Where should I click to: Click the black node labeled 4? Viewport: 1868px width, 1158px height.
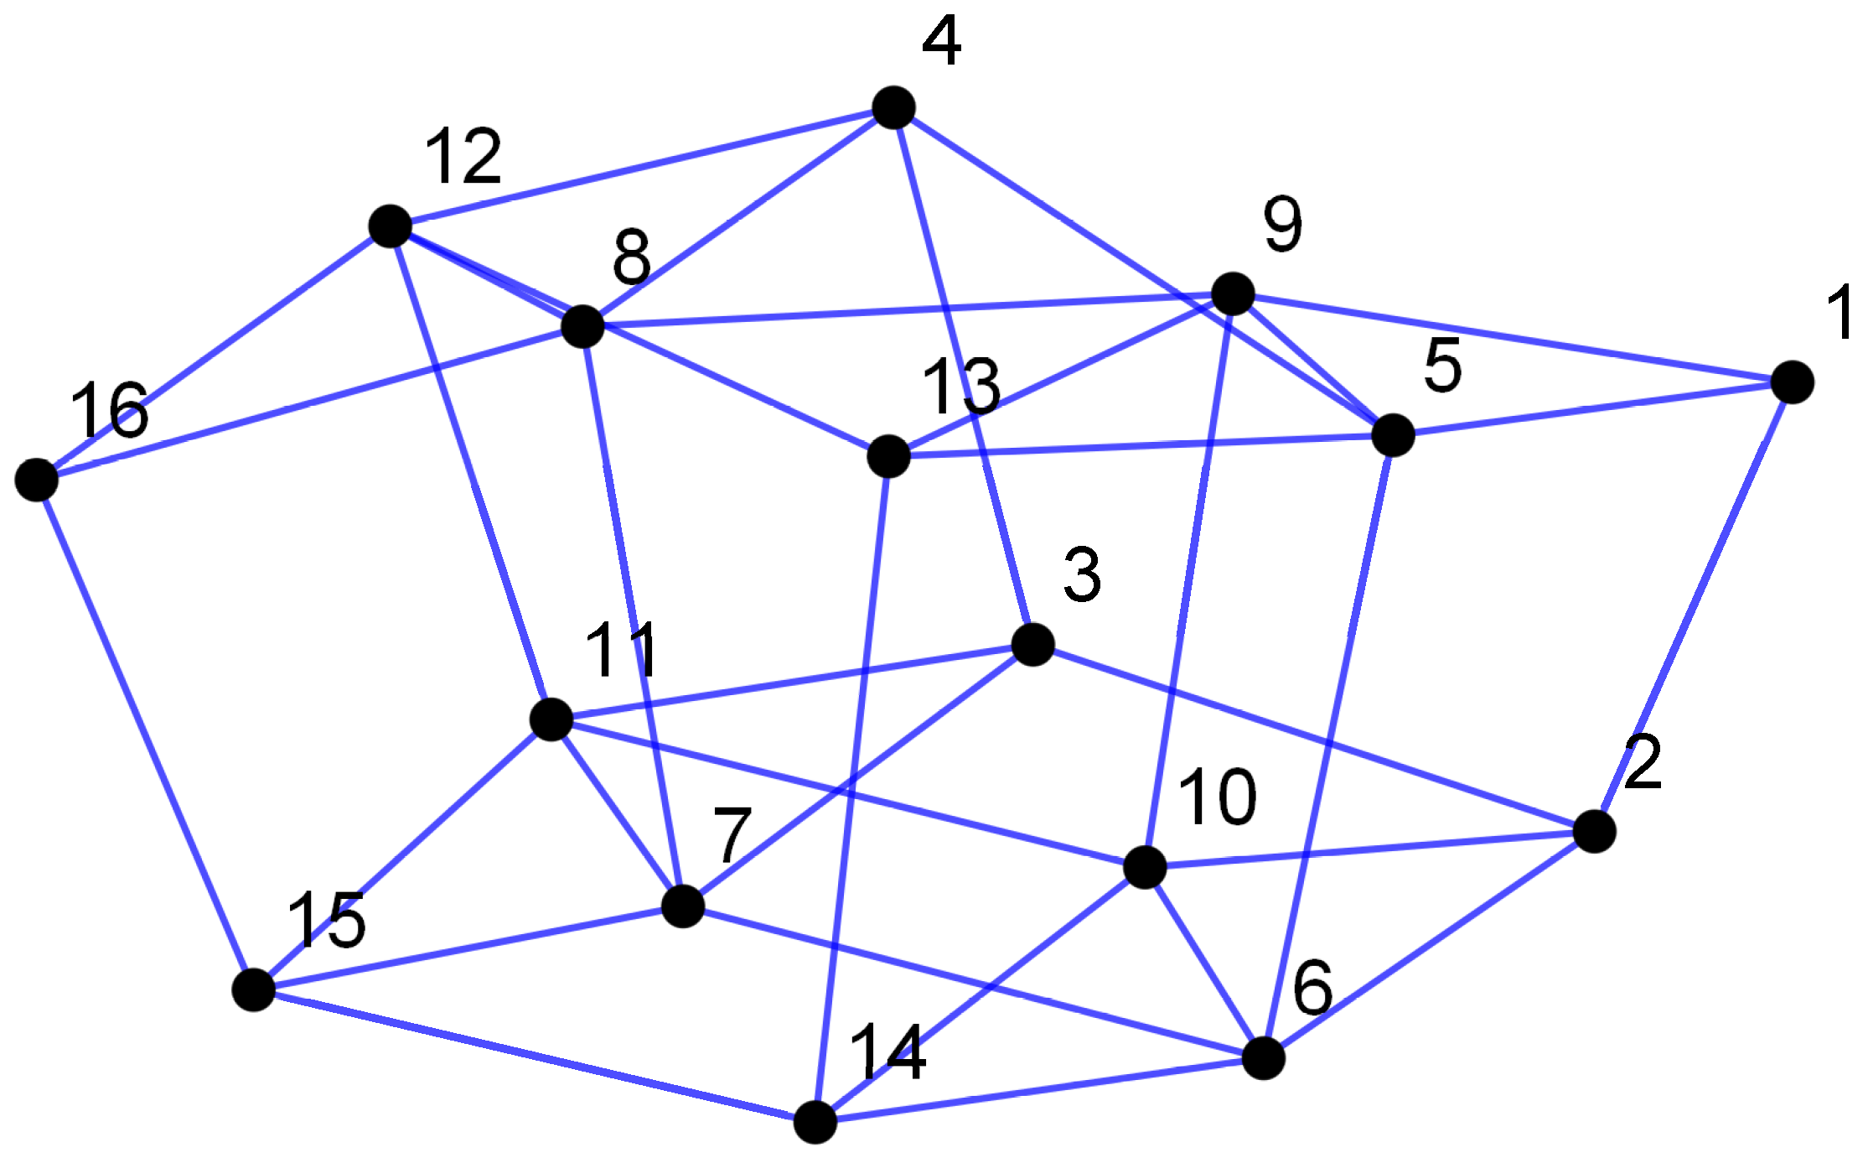coord(893,107)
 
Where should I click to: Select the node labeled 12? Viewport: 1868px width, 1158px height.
coord(391,226)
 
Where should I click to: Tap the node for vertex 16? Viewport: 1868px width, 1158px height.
coord(37,480)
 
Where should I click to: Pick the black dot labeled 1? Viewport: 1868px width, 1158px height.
coord(1793,383)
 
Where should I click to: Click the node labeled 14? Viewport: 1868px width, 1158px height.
coord(815,1122)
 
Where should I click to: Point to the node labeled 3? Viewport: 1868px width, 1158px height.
coord(1032,645)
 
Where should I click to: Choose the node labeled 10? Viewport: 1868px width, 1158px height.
coord(1144,866)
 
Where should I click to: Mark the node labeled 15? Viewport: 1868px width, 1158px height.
coord(254,989)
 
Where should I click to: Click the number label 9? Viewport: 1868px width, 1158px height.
coord(1283,224)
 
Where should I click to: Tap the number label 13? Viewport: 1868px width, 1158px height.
coord(960,386)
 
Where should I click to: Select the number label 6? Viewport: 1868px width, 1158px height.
coord(1312,988)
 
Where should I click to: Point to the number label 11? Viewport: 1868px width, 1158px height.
coord(621,650)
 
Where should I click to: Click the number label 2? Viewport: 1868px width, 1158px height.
coord(1643,762)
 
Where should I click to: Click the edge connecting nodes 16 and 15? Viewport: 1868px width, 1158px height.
coord(145,735)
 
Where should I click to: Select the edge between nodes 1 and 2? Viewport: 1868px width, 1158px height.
coord(1693,608)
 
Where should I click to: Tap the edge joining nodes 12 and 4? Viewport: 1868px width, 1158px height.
coord(642,167)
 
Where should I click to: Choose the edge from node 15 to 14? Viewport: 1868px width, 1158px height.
coord(534,1056)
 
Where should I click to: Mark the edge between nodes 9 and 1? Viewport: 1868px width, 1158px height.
coord(1513,339)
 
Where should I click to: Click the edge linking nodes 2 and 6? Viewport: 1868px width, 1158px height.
coord(1429,946)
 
